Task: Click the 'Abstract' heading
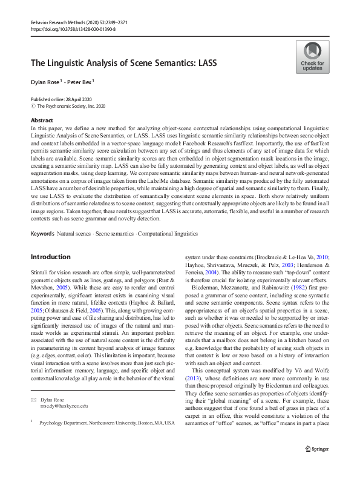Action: pos(42,121)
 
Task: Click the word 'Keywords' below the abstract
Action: pos(42,233)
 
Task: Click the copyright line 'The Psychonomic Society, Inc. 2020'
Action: pos(67,105)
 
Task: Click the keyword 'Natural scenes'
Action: pos(73,233)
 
